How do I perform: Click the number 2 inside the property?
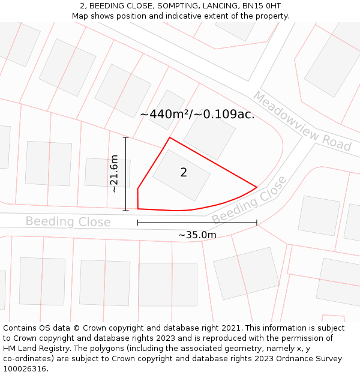click(x=184, y=173)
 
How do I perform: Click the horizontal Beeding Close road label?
click(x=68, y=222)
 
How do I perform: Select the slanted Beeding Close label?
click(x=250, y=200)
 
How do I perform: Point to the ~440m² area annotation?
click(x=197, y=114)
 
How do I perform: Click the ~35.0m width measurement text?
click(x=197, y=235)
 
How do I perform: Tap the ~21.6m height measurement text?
click(x=114, y=173)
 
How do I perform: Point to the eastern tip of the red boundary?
click(x=257, y=187)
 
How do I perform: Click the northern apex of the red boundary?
click(x=169, y=137)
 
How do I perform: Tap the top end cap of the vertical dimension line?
click(x=126, y=137)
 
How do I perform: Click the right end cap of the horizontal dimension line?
click(x=257, y=223)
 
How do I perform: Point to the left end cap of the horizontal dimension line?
click(x=138, y=223)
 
